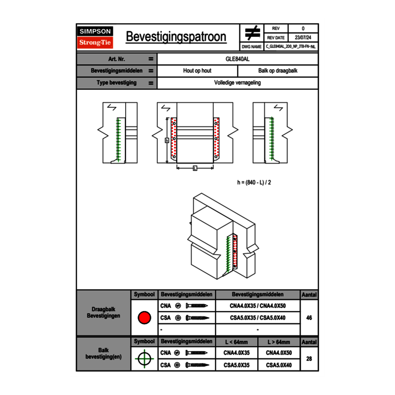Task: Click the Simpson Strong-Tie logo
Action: [96, 37]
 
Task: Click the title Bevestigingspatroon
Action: [176, 37]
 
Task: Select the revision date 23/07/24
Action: [303, 38]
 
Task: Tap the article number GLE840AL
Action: [237, 59]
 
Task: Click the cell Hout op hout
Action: [197, 71]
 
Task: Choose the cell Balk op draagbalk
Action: [278, 71]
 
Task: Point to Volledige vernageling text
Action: [237, 83]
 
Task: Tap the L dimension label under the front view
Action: [194, 168]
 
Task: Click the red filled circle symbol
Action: [144, 318]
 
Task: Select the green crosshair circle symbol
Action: [144, 359]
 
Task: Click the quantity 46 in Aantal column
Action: [309, 318]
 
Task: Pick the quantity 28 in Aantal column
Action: [309, 359]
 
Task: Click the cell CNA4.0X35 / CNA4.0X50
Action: [258, 306]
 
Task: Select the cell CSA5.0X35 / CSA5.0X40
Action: [258, 318]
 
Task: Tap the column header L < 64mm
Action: [237, 342]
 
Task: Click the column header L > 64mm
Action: [279, 342]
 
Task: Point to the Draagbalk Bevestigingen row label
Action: [103, 313]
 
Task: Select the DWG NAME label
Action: [251, 46]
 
